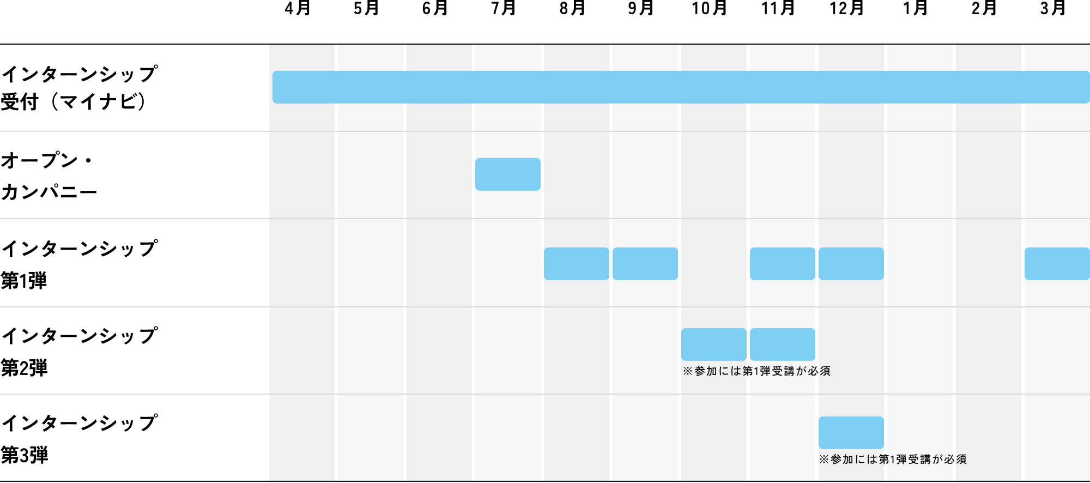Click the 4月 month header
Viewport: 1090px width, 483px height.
(x=298, y=9)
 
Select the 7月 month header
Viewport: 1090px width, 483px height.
(x=504, y=9)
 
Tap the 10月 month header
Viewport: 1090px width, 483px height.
(x=710, y=9)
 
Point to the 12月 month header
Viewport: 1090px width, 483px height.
(x=847, y=9)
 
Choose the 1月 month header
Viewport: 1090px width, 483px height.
(x=916, y=9)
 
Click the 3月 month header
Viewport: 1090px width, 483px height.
(x=1053, y=9)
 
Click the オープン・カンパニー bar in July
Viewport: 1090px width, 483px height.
(x=508, y=174)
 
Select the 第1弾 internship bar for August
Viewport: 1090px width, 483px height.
(x=577, y=264)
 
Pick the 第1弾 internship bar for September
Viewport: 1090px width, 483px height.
(x=645, y=264)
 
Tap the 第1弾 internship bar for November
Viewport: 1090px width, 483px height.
(x=783, y=264)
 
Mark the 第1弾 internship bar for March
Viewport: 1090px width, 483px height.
(x=1057, y=264)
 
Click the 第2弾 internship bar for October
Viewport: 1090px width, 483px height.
(x=714, y=345)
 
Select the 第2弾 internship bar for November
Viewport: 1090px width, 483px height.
(x=783, y=345)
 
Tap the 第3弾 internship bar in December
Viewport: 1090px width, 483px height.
(x=851, y=433)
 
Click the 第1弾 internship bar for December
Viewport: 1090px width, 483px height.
(x=851, y=264)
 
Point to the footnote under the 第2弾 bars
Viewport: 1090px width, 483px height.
(x=757, y=371)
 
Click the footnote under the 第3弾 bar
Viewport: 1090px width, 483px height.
(x=893, y=460)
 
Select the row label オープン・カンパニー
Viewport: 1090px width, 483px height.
(x=49, y=176)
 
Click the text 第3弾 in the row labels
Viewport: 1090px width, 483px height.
(x=25, y=455)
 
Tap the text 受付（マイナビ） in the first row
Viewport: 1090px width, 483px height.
(x=74, y=102)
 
